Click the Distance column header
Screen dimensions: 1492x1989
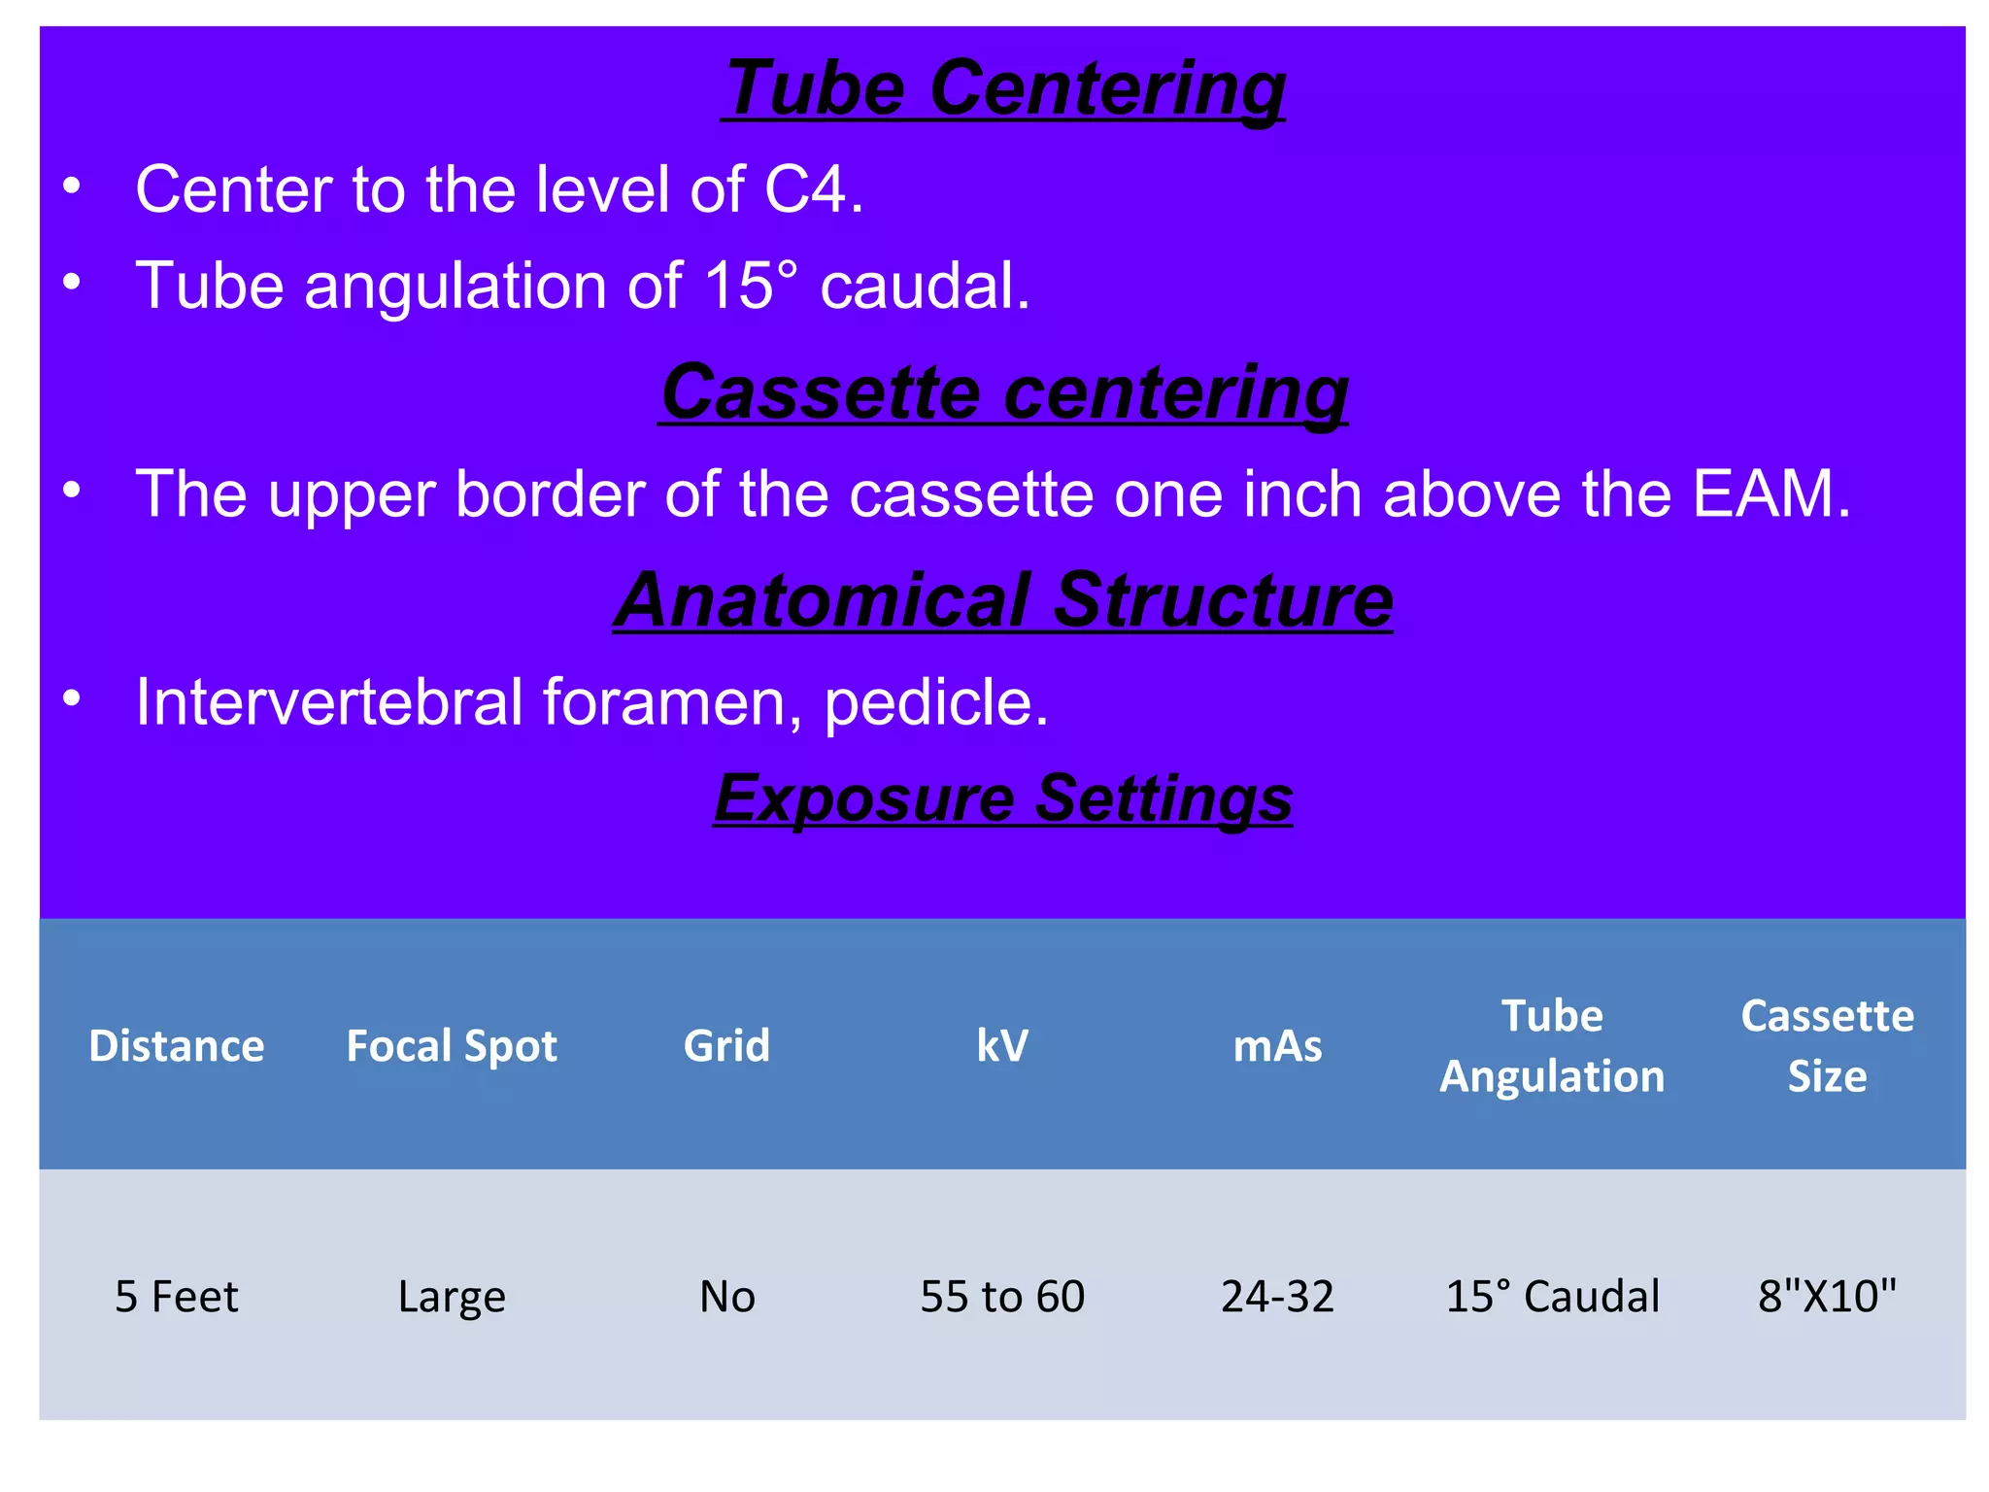tap(176, 1046)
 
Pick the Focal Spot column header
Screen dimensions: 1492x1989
tap(452, 1046)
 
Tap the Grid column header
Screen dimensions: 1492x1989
tap(726, 1046)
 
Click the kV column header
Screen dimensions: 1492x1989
tap(1002, 1046)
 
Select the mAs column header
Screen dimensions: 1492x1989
tap(1277, 1046)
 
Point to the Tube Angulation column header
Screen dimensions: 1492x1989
tap(1552, 1046)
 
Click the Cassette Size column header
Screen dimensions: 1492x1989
tap(1827, 1046)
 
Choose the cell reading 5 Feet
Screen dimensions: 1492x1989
tap(176, 1297)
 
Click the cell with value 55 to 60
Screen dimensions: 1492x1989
tap(1002, 1297)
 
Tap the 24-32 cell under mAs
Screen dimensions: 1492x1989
tap(1277, 1297)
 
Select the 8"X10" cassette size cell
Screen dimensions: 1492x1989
tap(1827, 1297)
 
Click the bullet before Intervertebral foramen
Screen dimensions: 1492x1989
tap(72, 698)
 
